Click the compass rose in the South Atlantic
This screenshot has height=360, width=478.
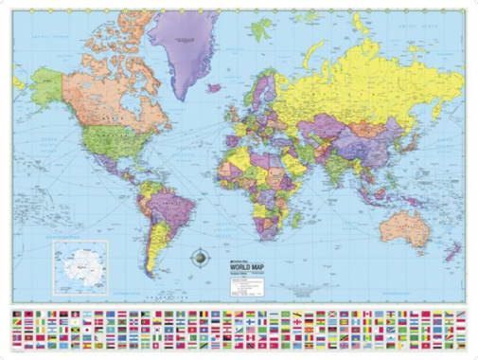click(x=202, y=256)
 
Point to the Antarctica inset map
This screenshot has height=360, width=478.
click(x=80, y=267)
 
